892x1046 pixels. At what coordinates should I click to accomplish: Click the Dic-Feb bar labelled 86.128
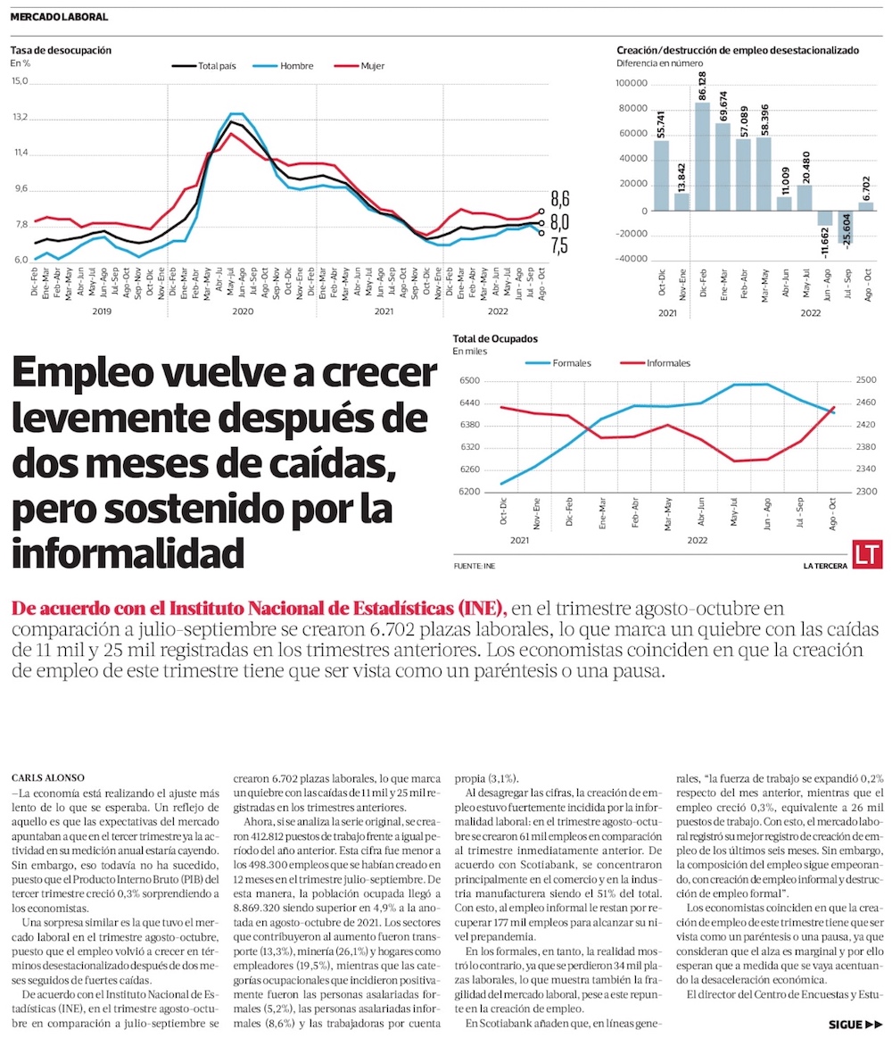(702, 157)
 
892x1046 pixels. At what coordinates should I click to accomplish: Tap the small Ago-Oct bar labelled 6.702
(866, 206)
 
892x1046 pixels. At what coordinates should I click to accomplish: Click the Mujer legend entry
(360, 66)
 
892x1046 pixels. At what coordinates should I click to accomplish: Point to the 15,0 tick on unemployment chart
(20, 81)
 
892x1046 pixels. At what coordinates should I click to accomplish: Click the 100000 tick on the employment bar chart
(632, 84)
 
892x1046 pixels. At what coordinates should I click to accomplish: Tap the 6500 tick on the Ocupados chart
(468, 381)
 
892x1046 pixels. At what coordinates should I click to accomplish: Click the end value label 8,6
(559, 198)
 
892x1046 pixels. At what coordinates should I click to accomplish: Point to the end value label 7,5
(559, 246)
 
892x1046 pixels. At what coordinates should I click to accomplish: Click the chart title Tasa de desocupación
(61, 50)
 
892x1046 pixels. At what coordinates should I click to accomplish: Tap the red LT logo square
(867, 553)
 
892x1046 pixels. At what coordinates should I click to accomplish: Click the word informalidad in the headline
(128, 553)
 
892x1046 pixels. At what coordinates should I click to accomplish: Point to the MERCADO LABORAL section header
(60, 17)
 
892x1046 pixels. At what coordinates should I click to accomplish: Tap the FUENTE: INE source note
(474, 566)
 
